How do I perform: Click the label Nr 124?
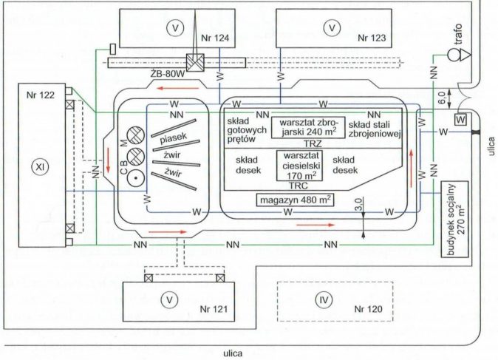click(215, 38)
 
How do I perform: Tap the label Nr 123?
click(372, 38)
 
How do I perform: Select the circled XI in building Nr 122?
click(40, 167)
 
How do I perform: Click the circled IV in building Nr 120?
click(324, 299)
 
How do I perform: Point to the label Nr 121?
click(214, 309)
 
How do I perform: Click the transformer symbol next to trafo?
click(460, 55)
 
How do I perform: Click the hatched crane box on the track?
click(195, 63)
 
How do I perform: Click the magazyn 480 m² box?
click(296, 200)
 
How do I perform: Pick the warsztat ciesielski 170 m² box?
click(299, 166)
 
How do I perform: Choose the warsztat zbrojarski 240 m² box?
click(308, 127)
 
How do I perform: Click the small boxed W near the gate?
click(461, 120)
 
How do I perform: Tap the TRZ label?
click(313, 144)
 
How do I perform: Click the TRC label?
click(299, 186)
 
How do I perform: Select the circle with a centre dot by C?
click(136, 178)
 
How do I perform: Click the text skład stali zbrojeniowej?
click(374, 129)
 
